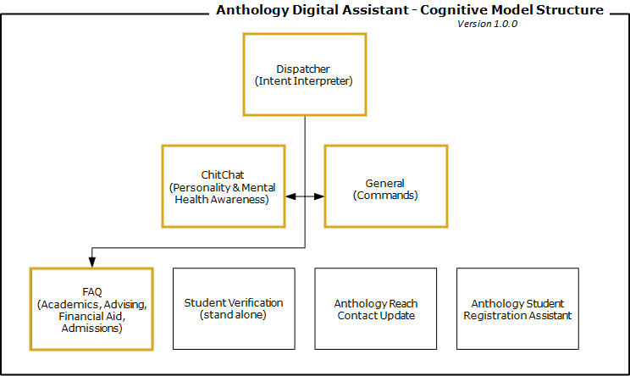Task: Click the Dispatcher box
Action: point(304,75)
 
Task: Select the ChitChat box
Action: point(223,186)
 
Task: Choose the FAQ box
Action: point(91,309)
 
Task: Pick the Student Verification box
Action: point(234,309)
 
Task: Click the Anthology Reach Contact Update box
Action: point(375,309)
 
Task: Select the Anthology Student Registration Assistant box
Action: point(517,309)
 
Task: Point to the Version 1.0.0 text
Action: point(487,24)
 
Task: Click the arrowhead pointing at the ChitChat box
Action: point(290,196)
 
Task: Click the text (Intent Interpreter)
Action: point(304,81)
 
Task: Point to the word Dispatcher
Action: point(303,69)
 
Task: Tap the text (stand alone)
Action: point(234,315)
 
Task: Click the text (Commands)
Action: point(384,195)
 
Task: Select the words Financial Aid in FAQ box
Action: point(91,316)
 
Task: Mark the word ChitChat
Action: point(223,174)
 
